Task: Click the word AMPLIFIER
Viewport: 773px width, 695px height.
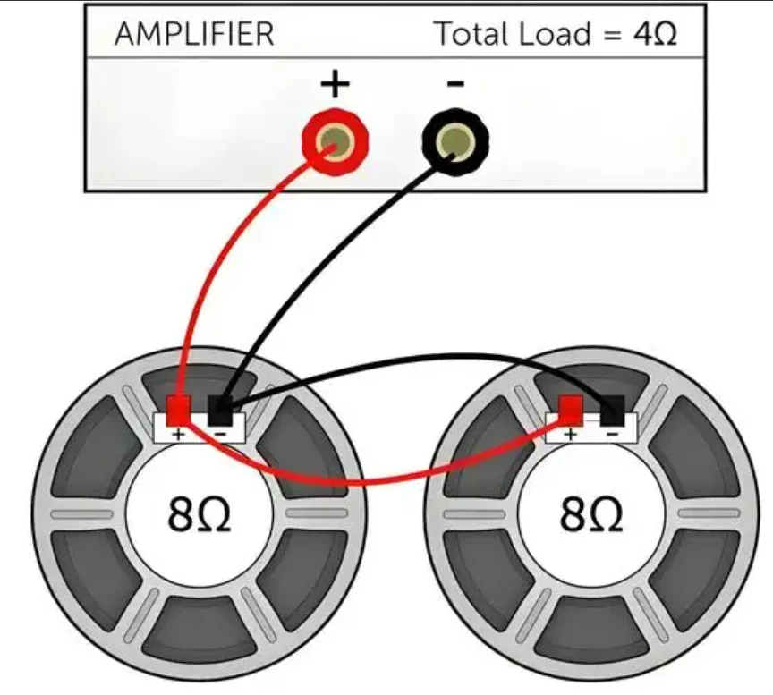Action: click(194, 34)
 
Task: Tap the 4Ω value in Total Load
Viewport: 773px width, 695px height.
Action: click(655, 33)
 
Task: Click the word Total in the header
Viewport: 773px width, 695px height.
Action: click(467, 33)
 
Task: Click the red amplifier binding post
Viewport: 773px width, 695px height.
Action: click(336, 142)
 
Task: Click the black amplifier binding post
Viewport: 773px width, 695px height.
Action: click(455, 142)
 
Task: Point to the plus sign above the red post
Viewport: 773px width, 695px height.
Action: click(336, 84)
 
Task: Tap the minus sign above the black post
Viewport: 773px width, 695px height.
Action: click(455, 84)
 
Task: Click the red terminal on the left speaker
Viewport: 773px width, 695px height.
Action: click(178, 411)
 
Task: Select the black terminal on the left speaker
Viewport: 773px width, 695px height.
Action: click(220, 411)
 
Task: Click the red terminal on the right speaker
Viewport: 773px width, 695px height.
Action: click(571, 411)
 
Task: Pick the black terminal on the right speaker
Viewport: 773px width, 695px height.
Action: click(612, 411)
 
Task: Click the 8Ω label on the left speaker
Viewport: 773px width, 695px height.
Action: click(200, 513)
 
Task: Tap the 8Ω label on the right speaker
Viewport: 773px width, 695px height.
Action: click(591, 513)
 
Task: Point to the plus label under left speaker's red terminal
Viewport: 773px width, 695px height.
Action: click(178, 434)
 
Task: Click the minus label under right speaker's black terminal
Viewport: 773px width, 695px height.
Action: click(612, 434)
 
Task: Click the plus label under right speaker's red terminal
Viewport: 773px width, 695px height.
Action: click(571, 434)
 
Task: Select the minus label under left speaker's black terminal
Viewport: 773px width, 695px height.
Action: click(220, 434)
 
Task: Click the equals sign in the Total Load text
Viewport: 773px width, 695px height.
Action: click(612, 35)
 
